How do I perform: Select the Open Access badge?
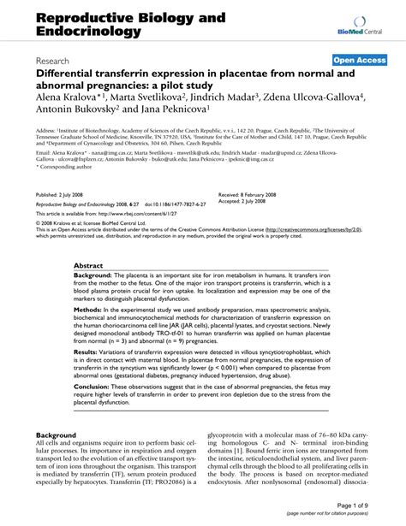(361, 61)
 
